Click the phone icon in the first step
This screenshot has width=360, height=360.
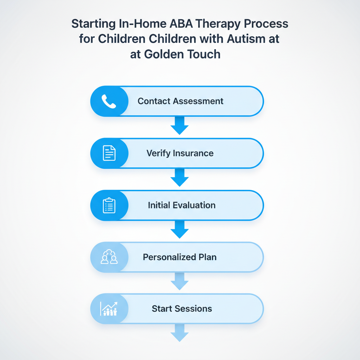pyautogui.click(x=109, y=101)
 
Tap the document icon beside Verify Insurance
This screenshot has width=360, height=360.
pyautogui.click(x=109, y=153)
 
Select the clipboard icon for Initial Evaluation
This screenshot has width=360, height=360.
pyautogui.click(x=109, y=205)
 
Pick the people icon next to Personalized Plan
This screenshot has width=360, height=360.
pyautogui.click(x=109, y=257)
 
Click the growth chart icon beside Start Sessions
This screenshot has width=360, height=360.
pyautogui.click(x=109, y=309)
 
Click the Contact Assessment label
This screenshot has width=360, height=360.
pyautogui.click(x=180, y=101)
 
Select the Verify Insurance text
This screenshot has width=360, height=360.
pyautogui.click(x=180, y=153)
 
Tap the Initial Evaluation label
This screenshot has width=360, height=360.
pyautogui.click(x=181, y=205)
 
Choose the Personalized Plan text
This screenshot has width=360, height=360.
pyautogui.click(x=180, y=257)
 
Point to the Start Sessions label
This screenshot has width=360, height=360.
pyautogui.click(x=182, y=309)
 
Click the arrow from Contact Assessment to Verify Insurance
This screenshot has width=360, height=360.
pyautogui.click(x=180, y=126)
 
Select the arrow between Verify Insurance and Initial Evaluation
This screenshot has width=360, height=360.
pyautogui.click(x=180, y=178)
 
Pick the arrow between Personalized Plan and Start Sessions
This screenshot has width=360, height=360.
pyautogui.click(x=180, y=282)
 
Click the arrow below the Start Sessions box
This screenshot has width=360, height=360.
pyautogui.click(x=180, y=333)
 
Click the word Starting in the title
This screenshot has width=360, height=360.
pyautogui.click(x=92, y=25)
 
